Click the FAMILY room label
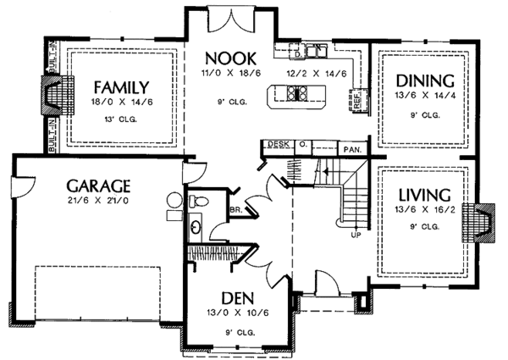[x=122, y=86]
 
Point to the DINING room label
[x=424, y=81]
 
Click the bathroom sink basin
[x=196, y=227]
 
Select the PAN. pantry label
[x=352, y=150]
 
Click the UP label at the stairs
[x=356, y=235]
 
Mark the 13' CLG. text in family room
[x=122, y=119]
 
